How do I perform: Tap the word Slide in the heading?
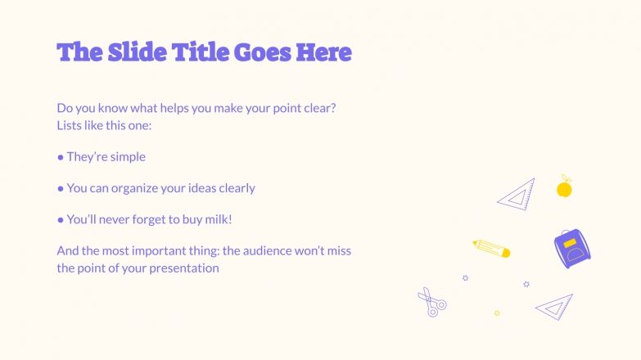136,52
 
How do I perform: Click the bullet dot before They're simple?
61,156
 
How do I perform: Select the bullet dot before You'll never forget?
61,219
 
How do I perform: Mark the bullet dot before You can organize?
61,188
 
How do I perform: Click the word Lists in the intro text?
71,126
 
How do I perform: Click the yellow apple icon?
564,188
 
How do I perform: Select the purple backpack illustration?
572,249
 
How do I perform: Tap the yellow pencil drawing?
491,248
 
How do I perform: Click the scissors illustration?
431,303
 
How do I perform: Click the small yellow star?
497,313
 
